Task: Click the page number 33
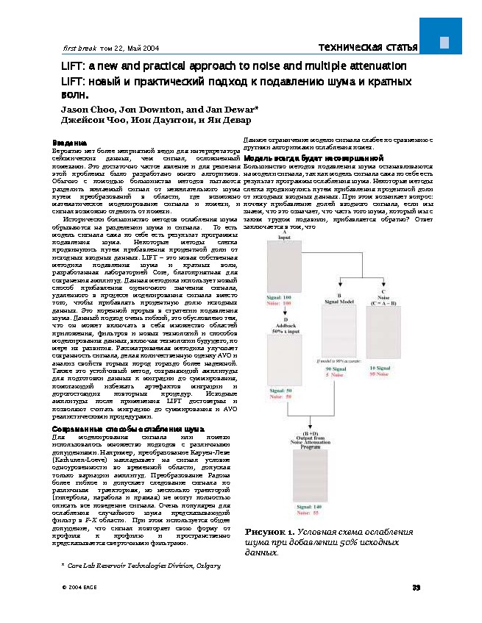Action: pos(416,586)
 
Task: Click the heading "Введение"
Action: pos(70,142)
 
